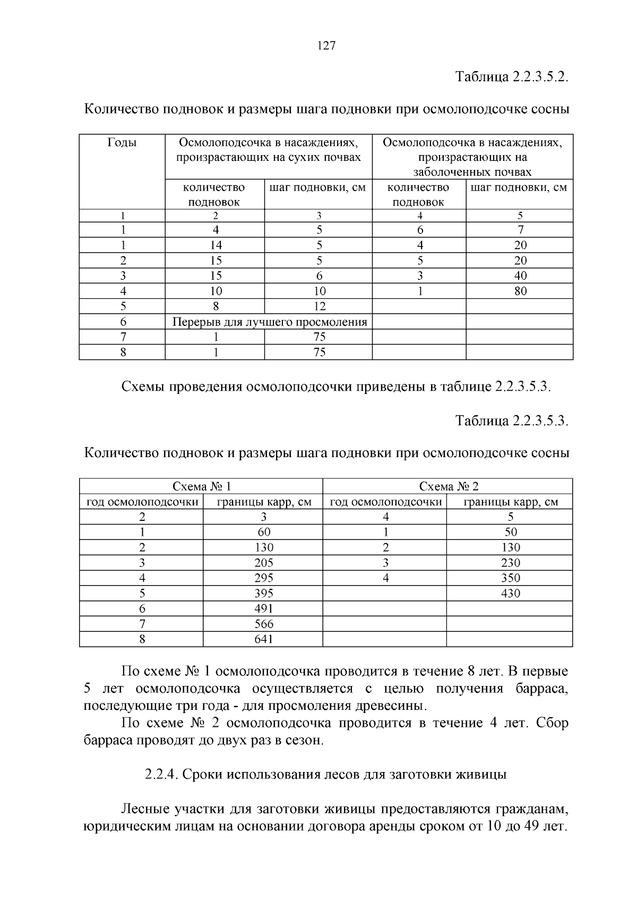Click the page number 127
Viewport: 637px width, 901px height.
click(x=326, y=46)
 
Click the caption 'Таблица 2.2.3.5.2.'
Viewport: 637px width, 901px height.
click(x=512, y=76)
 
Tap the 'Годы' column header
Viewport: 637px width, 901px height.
click(x=122, y=143)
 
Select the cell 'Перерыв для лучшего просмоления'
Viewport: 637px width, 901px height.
click(x=270, y=322)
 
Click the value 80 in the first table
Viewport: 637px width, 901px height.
click(x=520, y=291)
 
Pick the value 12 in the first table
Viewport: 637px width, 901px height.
click(x=319, y=306)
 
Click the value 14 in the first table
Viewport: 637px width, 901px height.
click(x=216, y=245)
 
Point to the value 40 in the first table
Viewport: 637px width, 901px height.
click(x=520, y=276)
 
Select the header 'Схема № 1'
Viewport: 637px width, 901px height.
click(x=202, y=486)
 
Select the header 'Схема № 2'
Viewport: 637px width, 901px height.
click(x=449, y=486)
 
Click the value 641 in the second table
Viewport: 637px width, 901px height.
click(x=263, y=639)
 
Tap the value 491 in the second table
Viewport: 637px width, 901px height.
click(x=263, y=608)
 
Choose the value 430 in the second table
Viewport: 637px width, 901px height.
click(x=510, y=594)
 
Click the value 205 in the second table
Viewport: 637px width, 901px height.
click(x=263, y=563)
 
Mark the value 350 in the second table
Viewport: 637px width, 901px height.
click(x=510, y=578)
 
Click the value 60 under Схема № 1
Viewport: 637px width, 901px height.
click(x=263, y=532)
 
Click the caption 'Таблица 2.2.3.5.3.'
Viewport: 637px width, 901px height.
click(x=512, y=421)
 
